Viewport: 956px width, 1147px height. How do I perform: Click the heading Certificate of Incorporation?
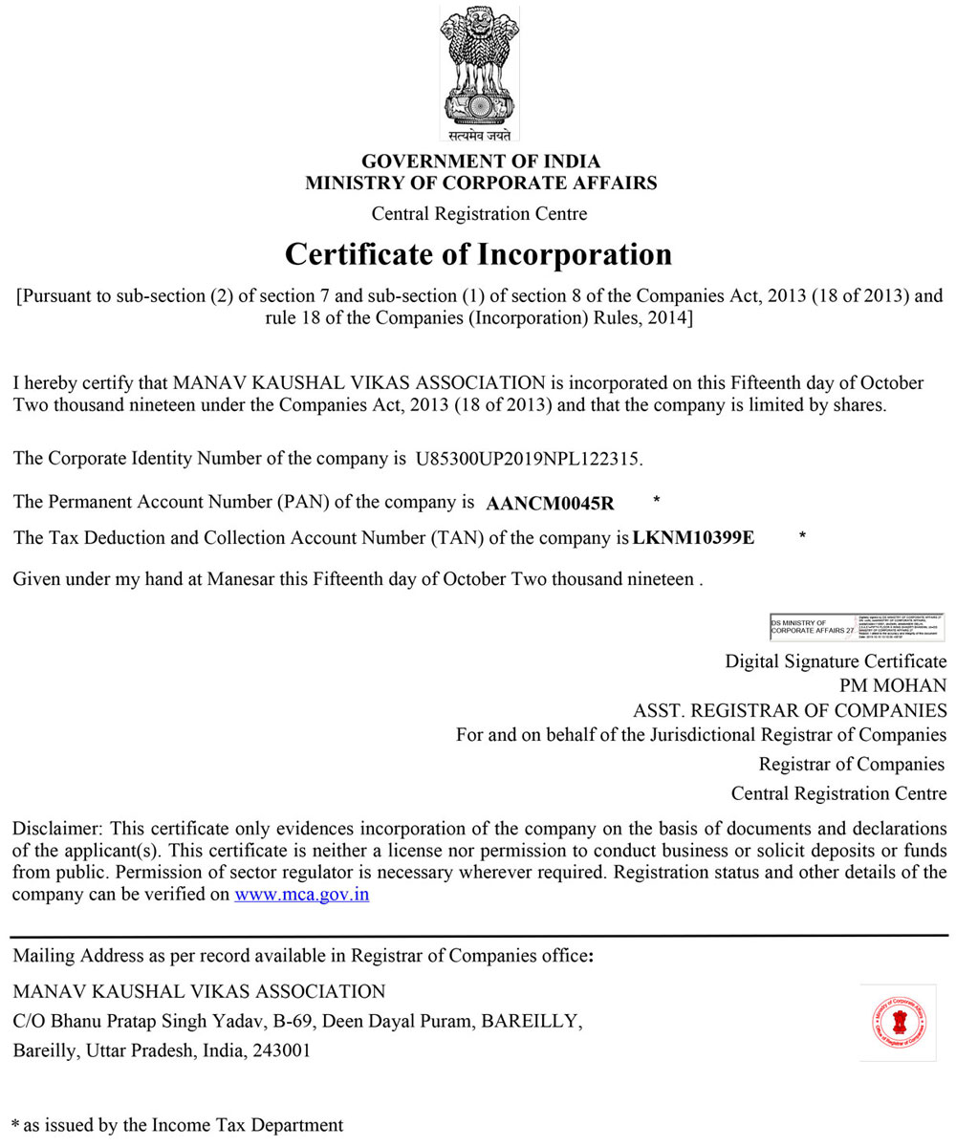pos(479,255)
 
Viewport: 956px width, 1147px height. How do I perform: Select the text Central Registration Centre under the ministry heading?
pos(479,213)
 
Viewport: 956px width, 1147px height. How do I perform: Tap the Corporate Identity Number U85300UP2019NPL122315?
pos(529,459)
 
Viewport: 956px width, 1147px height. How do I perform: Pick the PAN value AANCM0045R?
pos(550,503)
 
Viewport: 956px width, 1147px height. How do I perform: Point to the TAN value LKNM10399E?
pos(693,538)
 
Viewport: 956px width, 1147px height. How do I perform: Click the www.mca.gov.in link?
pos(302,895)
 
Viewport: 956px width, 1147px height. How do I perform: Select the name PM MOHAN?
pos(893,685)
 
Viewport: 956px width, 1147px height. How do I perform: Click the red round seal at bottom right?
pos(898,1023)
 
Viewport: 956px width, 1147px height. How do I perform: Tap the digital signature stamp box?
pos(856,627)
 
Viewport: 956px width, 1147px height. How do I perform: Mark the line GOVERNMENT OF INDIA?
pos(481,162)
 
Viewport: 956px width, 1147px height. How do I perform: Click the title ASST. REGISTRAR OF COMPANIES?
pos(790,710)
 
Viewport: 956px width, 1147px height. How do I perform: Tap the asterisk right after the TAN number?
pos(802,537)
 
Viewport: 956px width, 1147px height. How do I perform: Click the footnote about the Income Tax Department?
pos(178,1125)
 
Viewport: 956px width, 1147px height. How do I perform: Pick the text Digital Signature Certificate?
pos(836,660)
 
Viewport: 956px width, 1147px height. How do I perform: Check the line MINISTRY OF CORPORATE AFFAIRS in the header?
pos(481,183)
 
